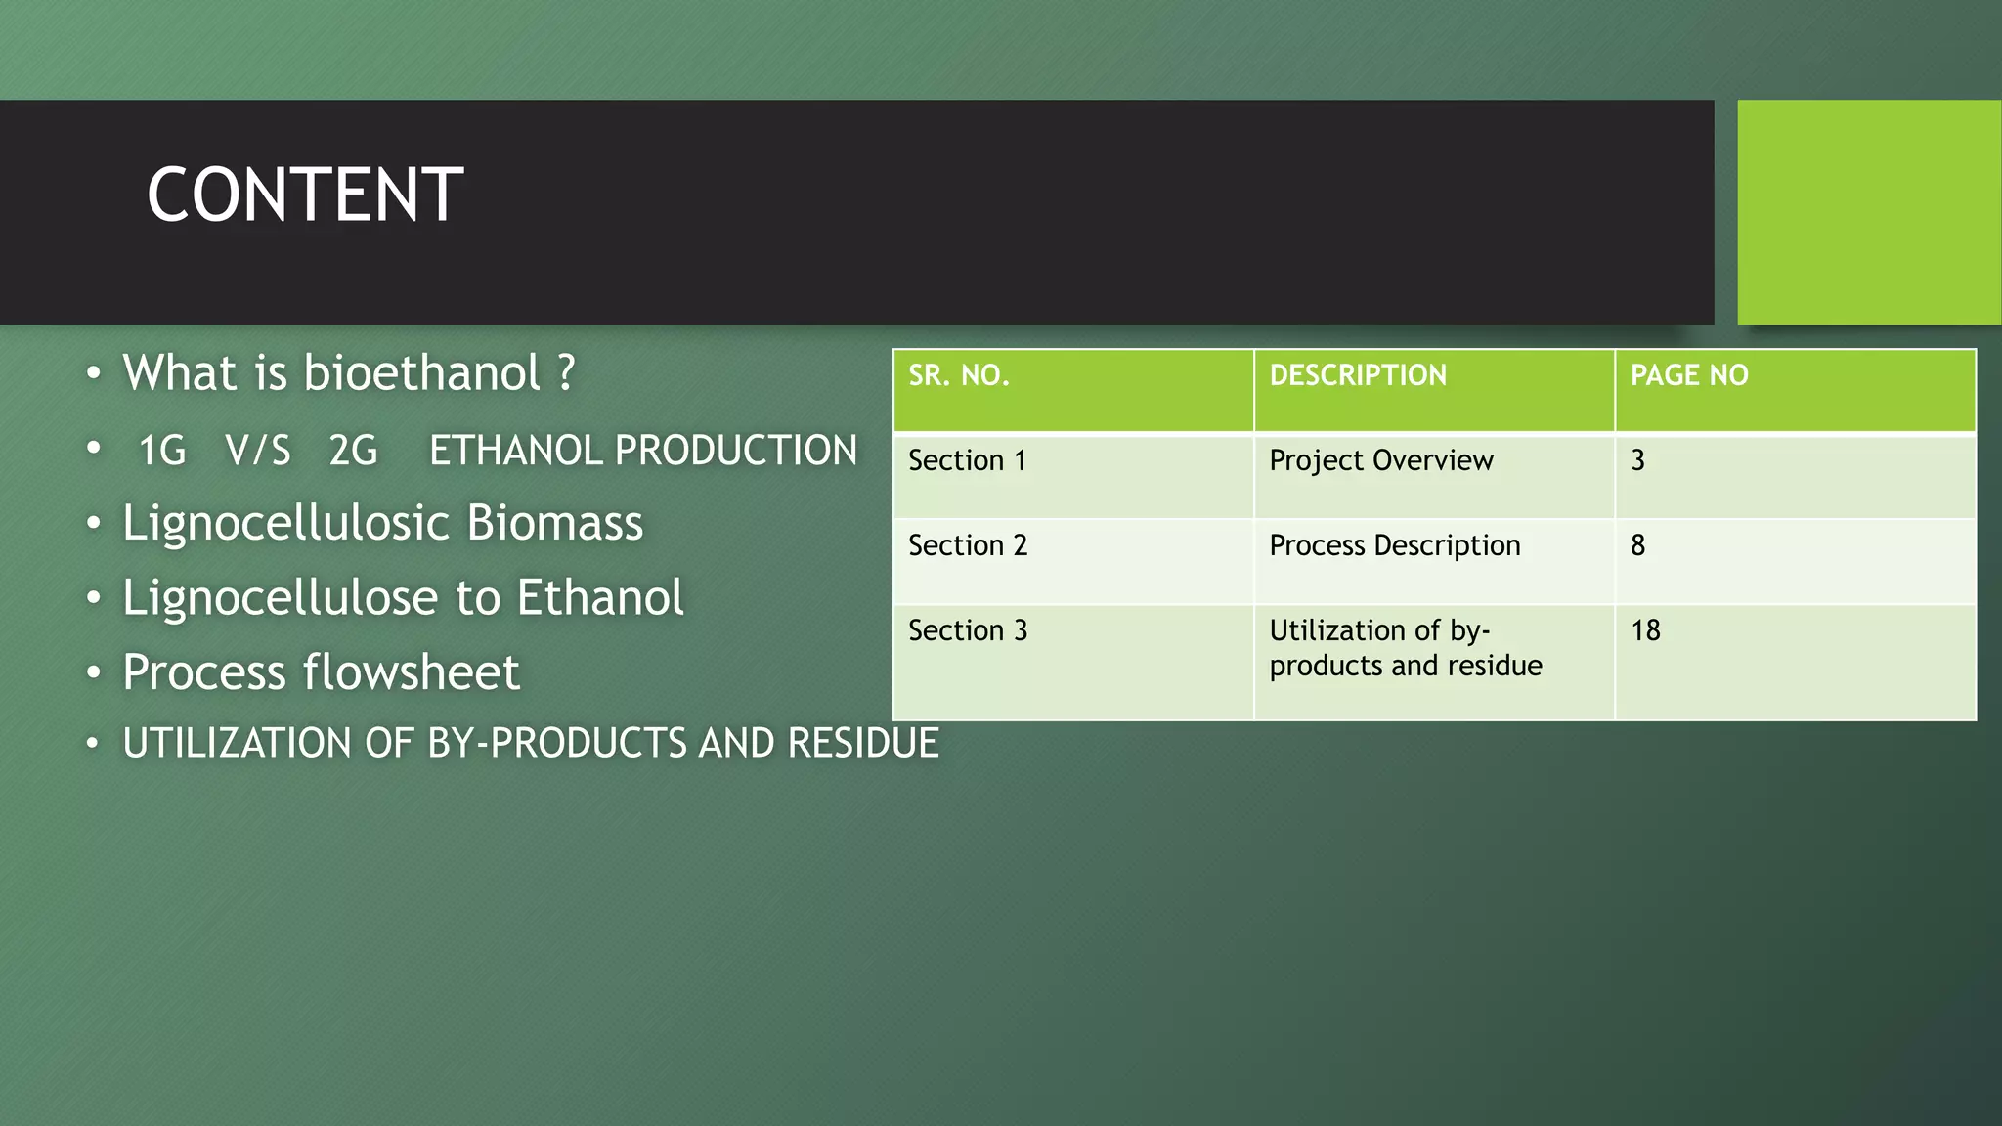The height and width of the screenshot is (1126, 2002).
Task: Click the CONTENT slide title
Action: click(x=305, y=195)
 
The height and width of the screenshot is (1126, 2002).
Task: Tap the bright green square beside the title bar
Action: click(x=1868, y=211)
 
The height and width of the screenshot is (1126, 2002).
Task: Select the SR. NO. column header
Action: click(x=958, y=375)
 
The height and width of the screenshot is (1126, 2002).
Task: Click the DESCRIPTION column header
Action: click(x=1357, y=375)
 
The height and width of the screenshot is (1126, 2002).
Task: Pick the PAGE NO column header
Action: click(x=1688, y=375)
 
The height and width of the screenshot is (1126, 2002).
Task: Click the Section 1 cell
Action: click(x=967, y=460)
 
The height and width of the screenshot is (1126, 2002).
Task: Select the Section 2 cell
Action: click(x=967, y=545)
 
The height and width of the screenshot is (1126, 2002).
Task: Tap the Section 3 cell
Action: click(x=967, y=630)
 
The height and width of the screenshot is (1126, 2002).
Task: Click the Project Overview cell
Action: click(x=1380, y=460)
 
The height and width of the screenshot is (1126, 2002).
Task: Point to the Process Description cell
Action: click(x=1394, y=545)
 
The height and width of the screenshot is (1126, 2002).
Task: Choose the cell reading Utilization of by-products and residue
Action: click(x=1405, y=648)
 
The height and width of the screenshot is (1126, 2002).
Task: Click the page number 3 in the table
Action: click(x=1638, y=460)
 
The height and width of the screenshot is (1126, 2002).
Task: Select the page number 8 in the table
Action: click(x=1638, y=545)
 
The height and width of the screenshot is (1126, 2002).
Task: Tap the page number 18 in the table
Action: click(x=1645, y=630)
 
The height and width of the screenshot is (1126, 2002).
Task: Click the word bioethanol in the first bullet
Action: click(x=421, y=373)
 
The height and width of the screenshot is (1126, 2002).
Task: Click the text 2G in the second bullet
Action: click(x=353, y=452)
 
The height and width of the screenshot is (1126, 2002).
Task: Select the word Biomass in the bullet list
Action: click(x=554, y=523)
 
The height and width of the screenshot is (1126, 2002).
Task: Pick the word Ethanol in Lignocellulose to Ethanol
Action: click(x=599, y=597)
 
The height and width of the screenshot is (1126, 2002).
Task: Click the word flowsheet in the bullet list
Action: click(x=411, y=672)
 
